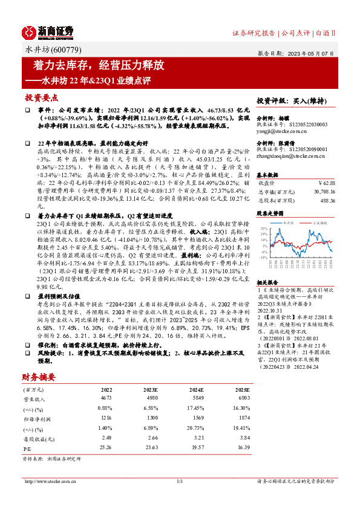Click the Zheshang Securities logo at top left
48,32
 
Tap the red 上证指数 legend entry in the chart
319,222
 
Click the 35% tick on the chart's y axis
263,228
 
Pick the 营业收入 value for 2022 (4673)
106,398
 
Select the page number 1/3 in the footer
179,481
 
